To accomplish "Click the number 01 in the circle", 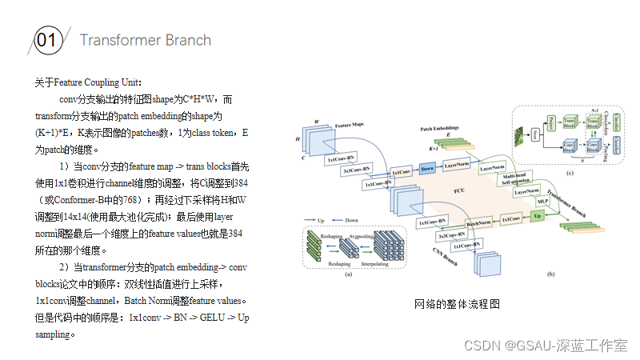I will click(x=46, y=41).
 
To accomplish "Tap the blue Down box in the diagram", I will click(x=427, y=169).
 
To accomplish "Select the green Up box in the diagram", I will click(x=537, y=217).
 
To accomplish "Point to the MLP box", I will click(x=543, y=200).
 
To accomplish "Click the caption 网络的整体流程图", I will click(x=457, y=304).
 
